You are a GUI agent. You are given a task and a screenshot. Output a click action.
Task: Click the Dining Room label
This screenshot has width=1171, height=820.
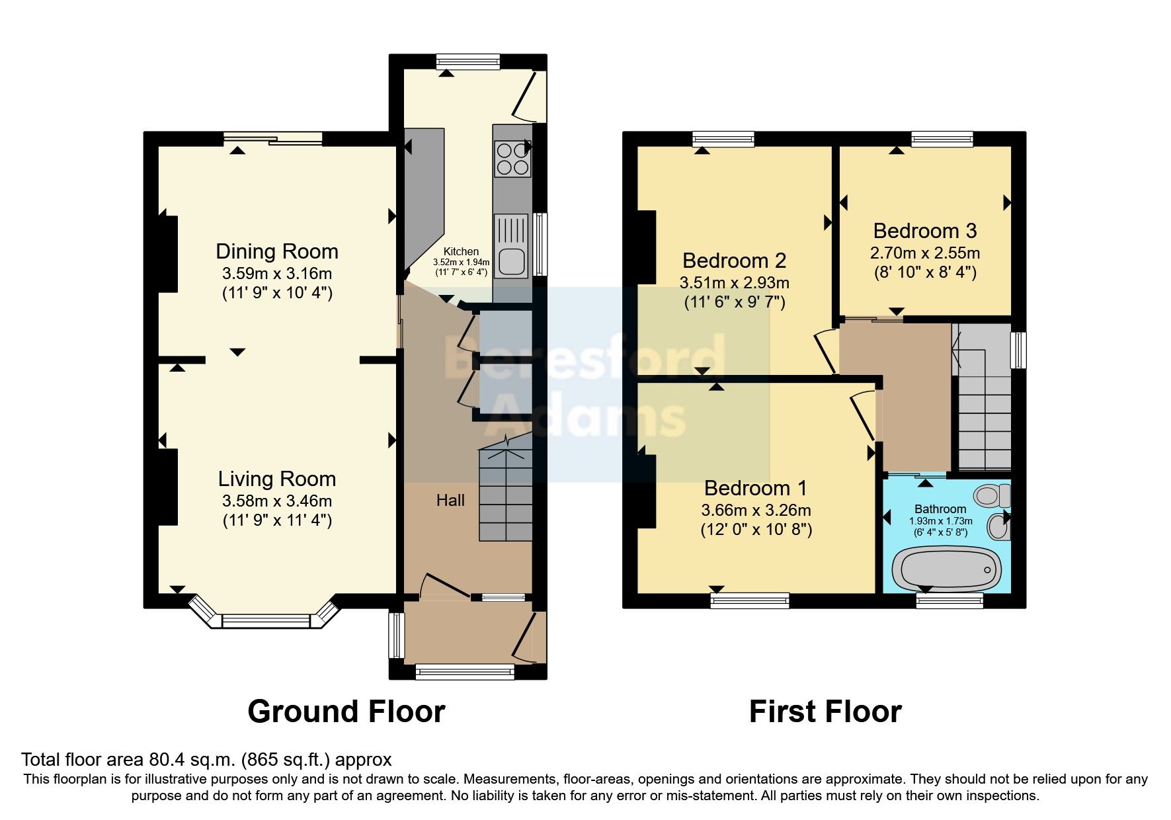(x=276, y=251)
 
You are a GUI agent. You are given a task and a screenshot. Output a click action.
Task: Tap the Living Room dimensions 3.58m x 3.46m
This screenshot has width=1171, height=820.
(x=276, y=501)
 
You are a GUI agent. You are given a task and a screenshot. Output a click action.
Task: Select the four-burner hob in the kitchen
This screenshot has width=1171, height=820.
(x=512, y=159)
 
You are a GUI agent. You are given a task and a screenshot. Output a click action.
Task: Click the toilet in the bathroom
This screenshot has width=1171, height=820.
(x=993, y=495)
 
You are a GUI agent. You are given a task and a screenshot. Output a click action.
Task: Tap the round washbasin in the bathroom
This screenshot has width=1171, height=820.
(x=998, y=528)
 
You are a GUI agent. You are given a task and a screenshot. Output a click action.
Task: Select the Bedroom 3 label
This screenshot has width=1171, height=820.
(x=924, y=231)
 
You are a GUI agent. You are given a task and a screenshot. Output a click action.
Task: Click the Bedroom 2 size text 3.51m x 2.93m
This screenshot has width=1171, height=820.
(x=734, y=283)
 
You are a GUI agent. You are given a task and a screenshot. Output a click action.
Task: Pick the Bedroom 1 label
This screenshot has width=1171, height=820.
(x=755, y=488)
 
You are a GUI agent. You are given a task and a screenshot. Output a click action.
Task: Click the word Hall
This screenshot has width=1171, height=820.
(x=450, y=501)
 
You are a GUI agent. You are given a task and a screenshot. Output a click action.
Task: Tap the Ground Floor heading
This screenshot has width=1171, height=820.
(x=346, y=712)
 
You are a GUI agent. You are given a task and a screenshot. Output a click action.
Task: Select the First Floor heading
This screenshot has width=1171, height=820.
(x=825, y=712)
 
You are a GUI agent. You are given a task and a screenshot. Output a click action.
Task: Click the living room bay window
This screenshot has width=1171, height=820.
(x=266, y=620)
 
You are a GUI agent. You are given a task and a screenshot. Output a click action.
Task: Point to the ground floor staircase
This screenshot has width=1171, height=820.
(x=506, y=493)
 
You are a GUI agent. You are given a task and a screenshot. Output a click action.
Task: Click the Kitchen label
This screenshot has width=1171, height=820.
(x=461, y=251)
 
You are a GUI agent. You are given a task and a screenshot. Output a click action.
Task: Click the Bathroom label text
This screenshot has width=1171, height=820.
(x=940, y=509)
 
